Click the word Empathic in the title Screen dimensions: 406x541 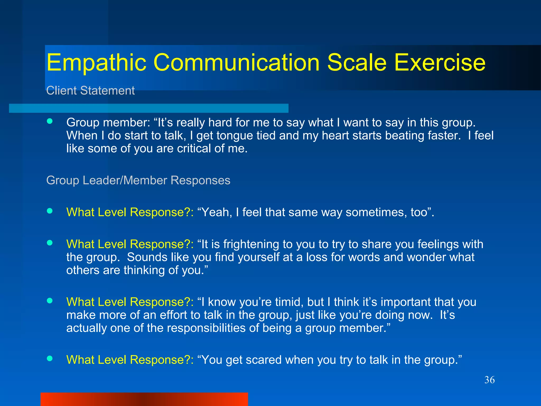(x=96, y=63)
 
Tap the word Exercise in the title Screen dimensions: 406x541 (x=440, y=63)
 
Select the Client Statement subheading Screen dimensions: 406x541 (x=90, y=91)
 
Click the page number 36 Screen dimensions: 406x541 (x=489, y=380)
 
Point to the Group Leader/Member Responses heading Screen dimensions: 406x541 (x=138, y=181)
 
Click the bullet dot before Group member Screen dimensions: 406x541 (x=50, y=121)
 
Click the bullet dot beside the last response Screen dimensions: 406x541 (x=50, y=358)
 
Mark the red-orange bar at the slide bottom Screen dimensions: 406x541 (x=144, y=399)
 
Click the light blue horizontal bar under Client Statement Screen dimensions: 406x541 (x=148, y=108)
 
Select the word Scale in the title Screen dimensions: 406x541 (x=357, y=63)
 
